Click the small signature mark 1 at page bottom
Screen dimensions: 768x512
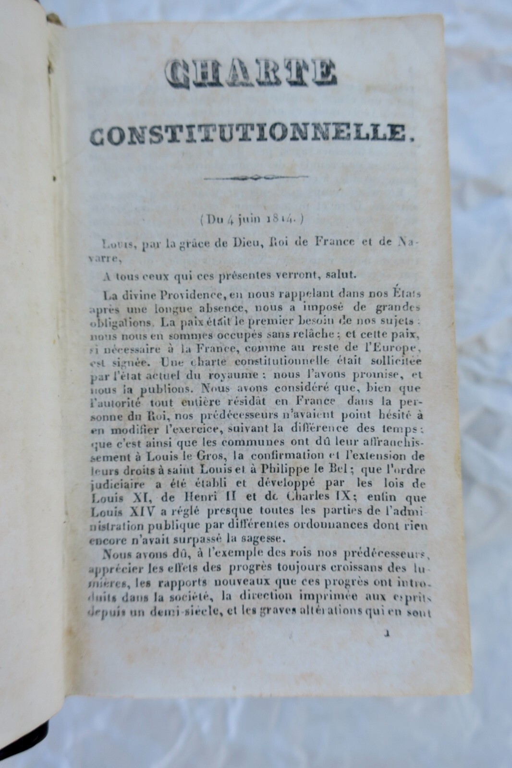(386, 634)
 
